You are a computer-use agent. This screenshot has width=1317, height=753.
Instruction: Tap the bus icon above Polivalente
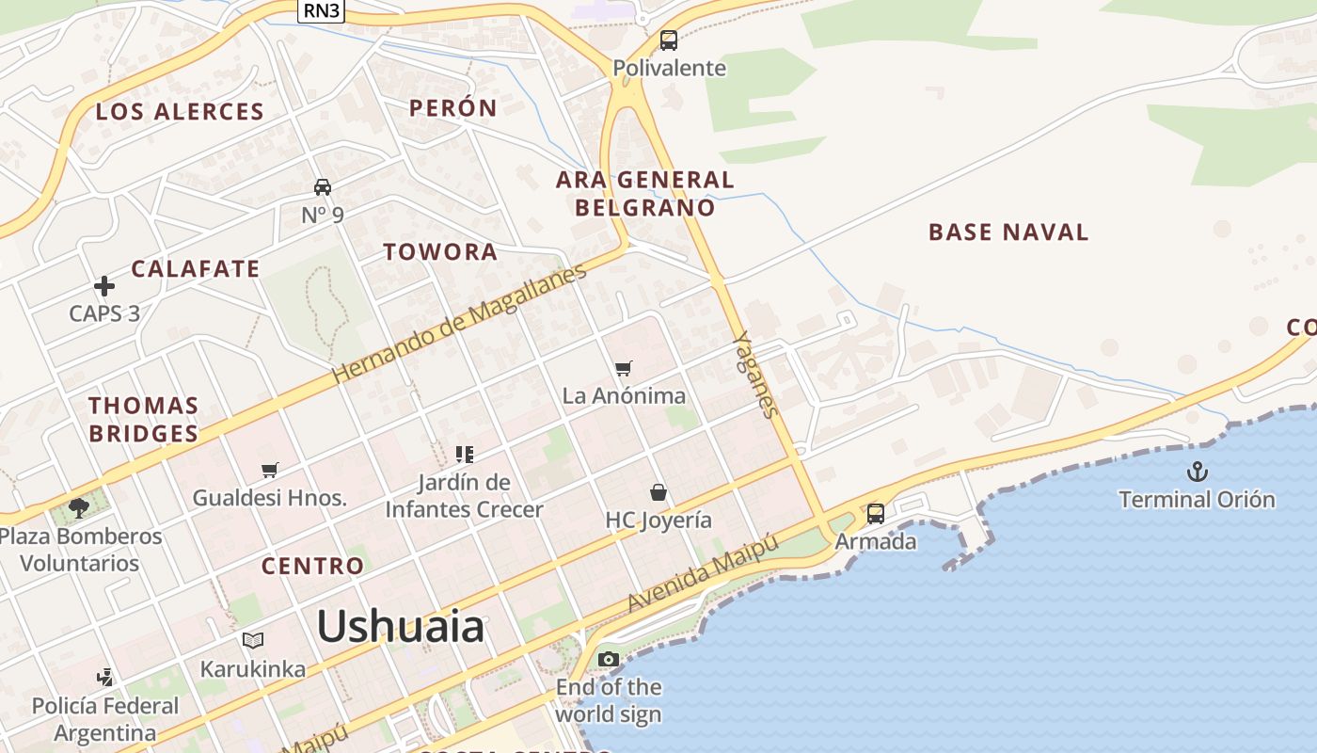[669, 40]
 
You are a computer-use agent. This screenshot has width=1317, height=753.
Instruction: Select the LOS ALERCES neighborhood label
[180, 111]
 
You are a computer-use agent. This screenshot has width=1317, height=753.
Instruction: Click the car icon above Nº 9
[323, 186]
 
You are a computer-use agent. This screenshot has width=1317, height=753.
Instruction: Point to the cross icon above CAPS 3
[104, 285]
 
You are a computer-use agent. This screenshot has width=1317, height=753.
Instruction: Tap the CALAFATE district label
[195, 268]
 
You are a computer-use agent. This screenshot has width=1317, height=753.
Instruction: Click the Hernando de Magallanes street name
[459, 323]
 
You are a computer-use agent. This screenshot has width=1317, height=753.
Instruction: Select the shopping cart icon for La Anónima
[624, 368]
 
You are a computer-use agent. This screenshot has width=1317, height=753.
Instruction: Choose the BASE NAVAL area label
[1008, 232]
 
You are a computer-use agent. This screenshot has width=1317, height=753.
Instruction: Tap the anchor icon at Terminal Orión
[1197, 472]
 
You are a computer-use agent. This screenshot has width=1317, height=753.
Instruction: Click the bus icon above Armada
[876, 513]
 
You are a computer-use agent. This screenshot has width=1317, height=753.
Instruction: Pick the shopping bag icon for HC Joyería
[658, 492]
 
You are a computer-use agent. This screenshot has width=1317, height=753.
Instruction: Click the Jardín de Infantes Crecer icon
[464, 455]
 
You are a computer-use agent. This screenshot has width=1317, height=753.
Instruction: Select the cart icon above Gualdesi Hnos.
[270, 470]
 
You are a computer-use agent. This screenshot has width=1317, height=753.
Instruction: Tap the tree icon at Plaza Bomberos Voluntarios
[79, 508]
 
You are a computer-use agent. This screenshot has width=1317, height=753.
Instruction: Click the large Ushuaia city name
[401, 626]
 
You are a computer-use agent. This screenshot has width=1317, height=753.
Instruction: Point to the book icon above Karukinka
[252, 641]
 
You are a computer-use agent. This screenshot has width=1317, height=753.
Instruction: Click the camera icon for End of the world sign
[609, 659]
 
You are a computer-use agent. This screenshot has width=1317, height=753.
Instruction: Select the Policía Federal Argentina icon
[105, 677]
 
